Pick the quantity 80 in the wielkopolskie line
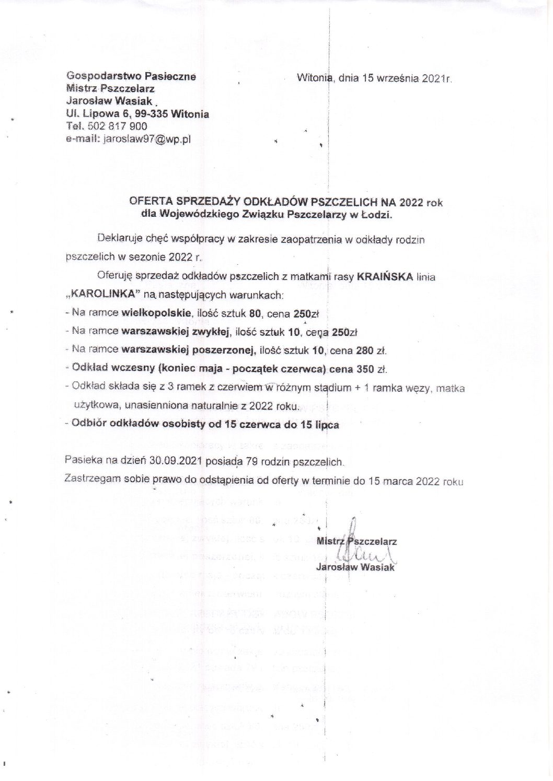(271, 313)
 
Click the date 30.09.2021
(174, 462)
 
